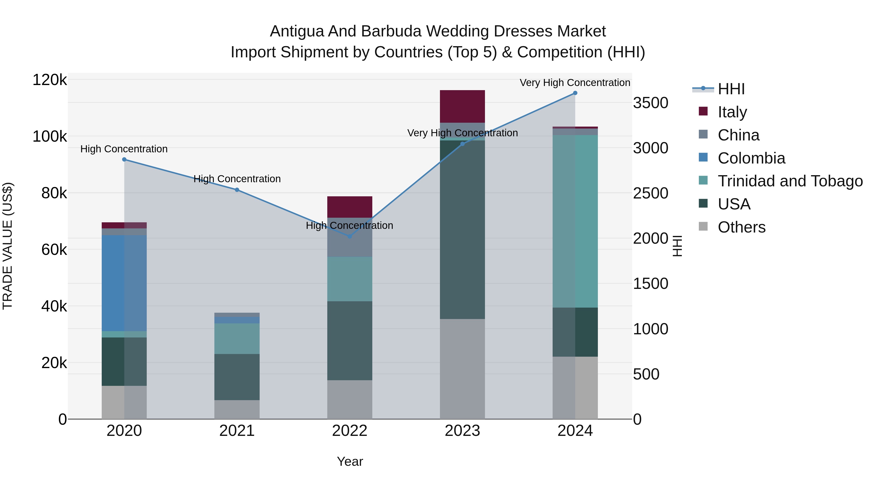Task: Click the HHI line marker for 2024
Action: coord(575,93)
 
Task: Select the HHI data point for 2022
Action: coord(350,236)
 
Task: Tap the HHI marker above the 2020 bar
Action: coord(124,160)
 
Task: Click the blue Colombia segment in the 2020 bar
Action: coord(113,283)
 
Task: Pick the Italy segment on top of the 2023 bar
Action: coord(462,106)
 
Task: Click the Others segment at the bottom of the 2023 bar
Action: coord(462,369)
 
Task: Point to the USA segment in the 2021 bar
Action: coord(237,377)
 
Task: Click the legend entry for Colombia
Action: coord(751,158)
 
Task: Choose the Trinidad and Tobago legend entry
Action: coord(790,181)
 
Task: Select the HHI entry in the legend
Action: coord(731,89)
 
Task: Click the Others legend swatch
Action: coord(703,226)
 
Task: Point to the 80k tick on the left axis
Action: coord(54,193)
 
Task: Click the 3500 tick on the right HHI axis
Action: coord(650,103)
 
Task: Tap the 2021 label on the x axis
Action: coord(237,431)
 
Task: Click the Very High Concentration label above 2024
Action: coord(575,83)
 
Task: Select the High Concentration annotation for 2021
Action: coord(237,179)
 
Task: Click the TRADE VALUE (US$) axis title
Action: coord(8,246)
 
